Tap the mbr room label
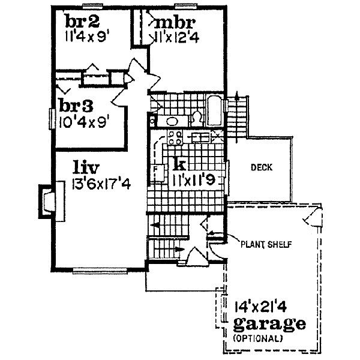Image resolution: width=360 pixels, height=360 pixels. point(175,23)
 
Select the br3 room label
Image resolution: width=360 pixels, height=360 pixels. point(76,107)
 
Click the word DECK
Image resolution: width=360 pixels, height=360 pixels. point(262,167)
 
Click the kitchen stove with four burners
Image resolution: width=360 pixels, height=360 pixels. point(175,138)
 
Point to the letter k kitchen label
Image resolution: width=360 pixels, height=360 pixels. point(179,163)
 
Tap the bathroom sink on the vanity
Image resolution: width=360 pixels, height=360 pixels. point(173,121)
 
